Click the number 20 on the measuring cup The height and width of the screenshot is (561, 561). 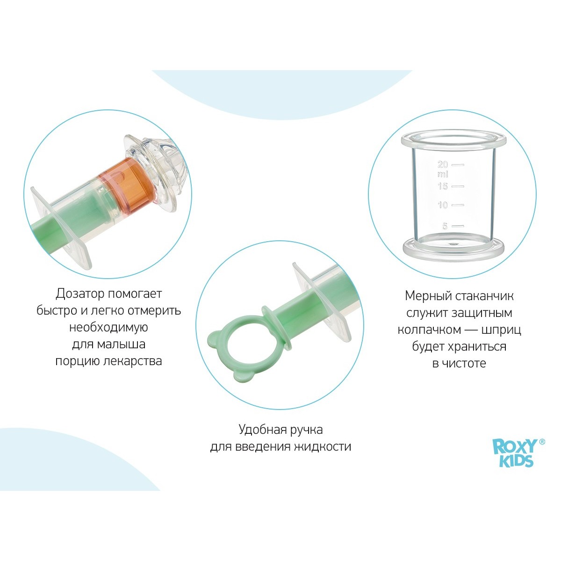click(x=443, y=165)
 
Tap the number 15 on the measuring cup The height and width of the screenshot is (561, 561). click(x=443, y=186)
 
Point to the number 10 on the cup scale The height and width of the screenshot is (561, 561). click(x=443, y=205)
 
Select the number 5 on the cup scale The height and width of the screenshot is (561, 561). click(x=445, y=226)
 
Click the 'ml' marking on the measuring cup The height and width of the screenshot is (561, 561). click(x=443, y=174)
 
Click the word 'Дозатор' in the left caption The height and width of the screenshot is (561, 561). click(x=80, y=294)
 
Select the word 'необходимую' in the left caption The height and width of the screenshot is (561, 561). click(x=108, y=327)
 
